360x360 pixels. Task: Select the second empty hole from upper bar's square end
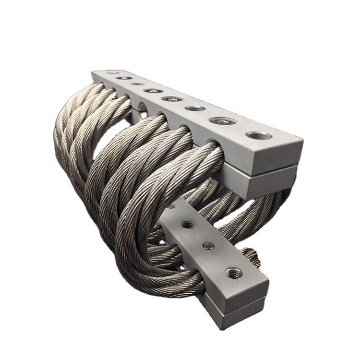point(195,108)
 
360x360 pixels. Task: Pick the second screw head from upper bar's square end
point(171,99)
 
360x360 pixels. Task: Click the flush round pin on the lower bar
point(207,246)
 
